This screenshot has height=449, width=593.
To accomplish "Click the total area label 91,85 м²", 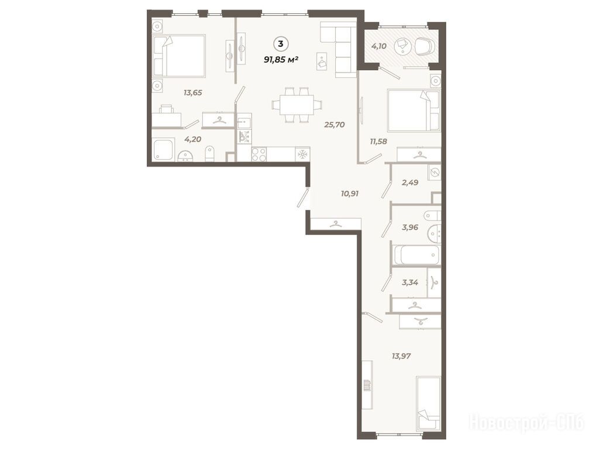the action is click(281, 59).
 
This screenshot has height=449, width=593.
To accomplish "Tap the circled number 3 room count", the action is click(280, 44).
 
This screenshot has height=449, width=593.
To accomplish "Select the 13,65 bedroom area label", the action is click(193, 92).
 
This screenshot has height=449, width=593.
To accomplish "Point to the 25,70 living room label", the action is click(335, 125).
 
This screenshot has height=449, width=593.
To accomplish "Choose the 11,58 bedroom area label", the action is click(378, 141).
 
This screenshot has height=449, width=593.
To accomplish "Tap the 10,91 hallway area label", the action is click(350, 194).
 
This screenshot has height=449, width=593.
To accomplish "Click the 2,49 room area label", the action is click(410, 182).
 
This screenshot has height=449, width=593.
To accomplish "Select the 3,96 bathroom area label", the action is click(410, 227).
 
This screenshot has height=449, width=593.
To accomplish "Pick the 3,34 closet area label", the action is click(410, 282).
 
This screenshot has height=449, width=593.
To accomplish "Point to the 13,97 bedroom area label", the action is click(401, 355).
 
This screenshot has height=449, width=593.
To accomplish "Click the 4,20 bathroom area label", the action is click(192, 140).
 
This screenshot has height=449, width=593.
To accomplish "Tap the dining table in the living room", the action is click(297, 105).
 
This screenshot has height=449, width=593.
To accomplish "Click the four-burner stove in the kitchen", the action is click(259, 154).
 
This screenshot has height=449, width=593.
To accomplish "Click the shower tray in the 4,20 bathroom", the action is click(163, 150).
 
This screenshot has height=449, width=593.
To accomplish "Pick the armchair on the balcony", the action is click(425, 47).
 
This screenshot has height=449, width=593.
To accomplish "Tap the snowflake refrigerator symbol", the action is click(302, 154).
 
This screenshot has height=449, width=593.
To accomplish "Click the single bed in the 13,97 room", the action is click(428, 403).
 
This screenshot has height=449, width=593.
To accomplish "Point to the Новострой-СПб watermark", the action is click(526, 422).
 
